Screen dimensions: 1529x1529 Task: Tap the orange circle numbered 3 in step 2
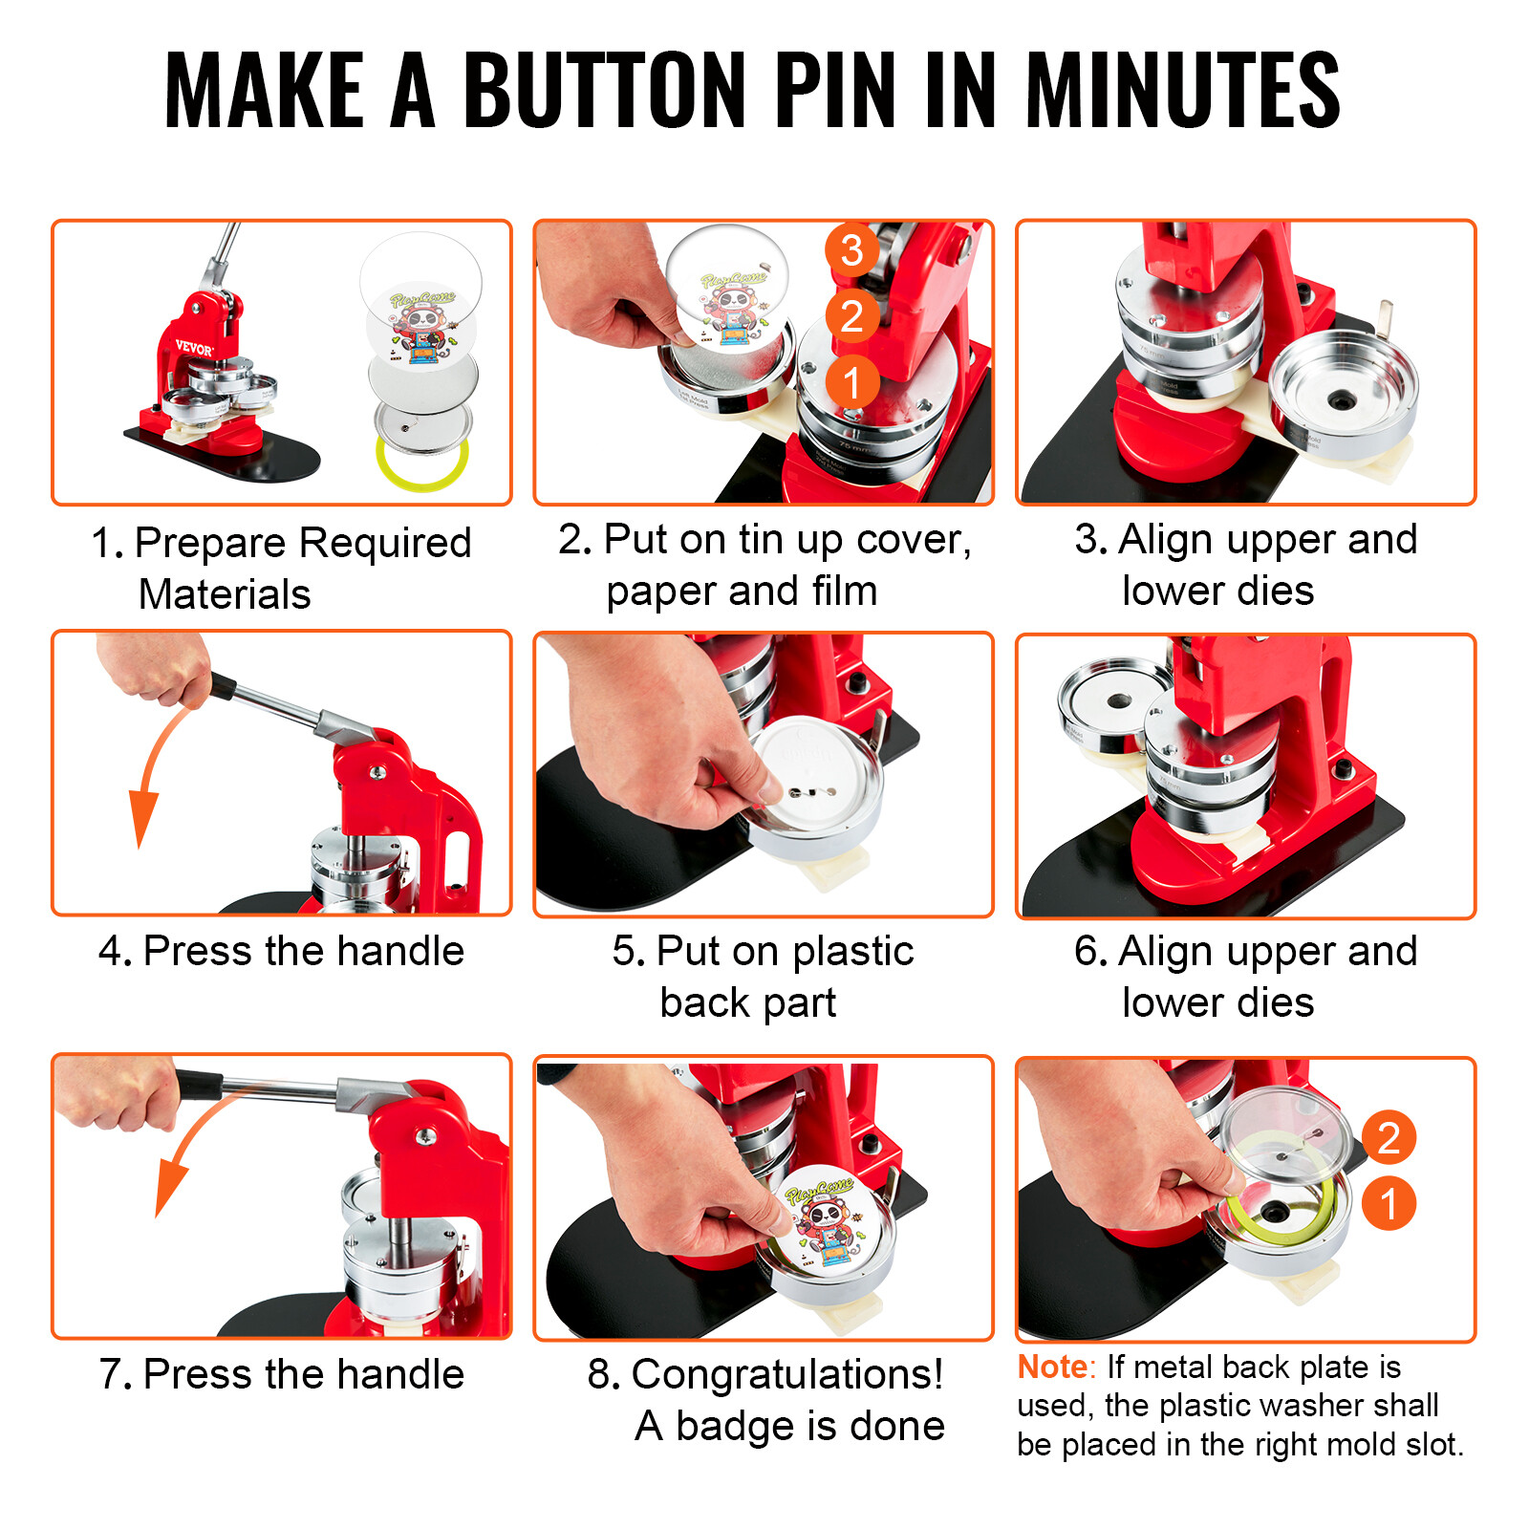click(851, 250)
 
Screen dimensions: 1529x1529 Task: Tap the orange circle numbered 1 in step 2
click(851, 382)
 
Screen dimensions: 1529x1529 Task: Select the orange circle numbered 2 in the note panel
click(1388, 1137)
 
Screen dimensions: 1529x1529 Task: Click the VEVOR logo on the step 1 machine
click(194, 348)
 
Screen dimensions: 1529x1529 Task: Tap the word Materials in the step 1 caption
click(225, 594)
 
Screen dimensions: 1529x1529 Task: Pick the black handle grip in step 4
click(222, 685)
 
